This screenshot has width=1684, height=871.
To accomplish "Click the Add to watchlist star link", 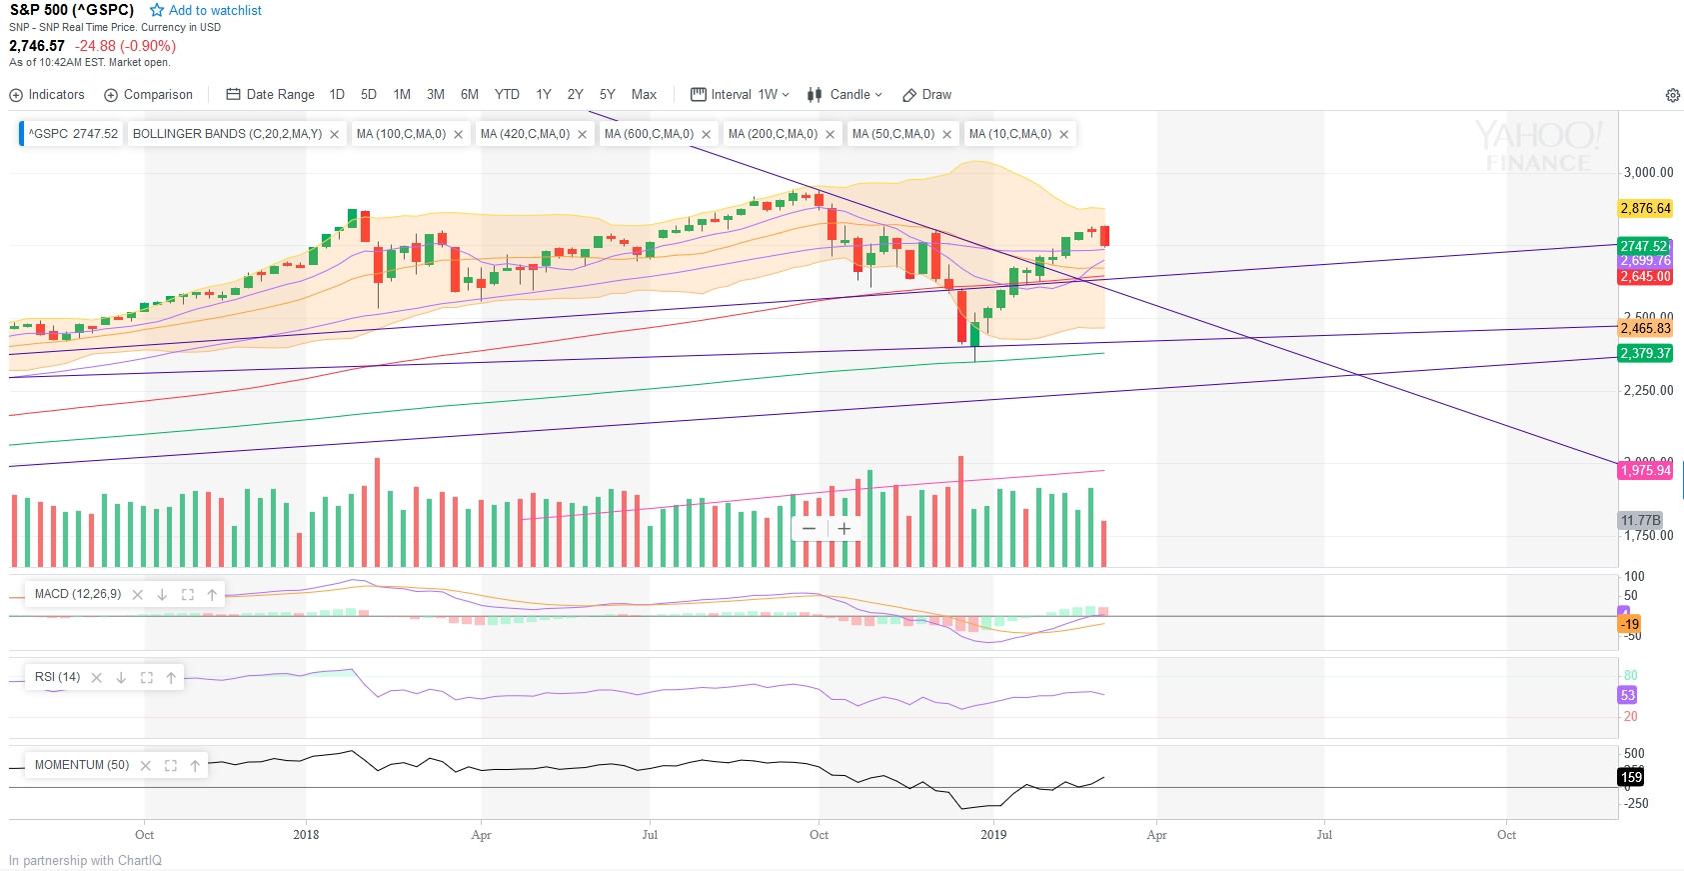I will click(x=206, y=10).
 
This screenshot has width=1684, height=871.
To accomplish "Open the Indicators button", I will click(x=47, y=95).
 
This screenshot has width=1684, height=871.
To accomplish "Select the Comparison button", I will click(x=149, y=95).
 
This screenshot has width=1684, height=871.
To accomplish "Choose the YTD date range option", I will click(x=507, y=95).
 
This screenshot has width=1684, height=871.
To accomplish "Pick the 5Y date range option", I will click(x=607, y=95).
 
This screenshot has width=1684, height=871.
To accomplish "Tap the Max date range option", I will click(x=644, y=95).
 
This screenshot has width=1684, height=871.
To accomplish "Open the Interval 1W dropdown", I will click(x=741, y=95).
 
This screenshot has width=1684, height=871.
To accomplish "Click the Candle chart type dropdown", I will click(x=845, y=95).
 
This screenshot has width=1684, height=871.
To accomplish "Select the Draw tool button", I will click(x=926, y=95).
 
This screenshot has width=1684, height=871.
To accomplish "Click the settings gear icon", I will click(x=1672, y=96).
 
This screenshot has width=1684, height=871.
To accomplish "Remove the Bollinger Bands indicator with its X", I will click(x=335, y=135).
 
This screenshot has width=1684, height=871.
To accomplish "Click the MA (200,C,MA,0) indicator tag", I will click(x=773, y=134).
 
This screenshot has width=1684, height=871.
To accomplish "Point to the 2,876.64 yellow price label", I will click(x=1645, y=209).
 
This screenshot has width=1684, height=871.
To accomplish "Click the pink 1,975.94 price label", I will click(x=1645, y=471).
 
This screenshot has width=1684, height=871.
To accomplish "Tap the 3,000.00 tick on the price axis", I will click(x=1648, y=173).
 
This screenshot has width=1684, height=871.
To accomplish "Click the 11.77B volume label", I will click(x=1640, y=520).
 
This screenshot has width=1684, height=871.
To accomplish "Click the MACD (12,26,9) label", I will click(x=78, y=594).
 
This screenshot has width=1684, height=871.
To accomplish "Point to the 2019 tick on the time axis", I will click(x=993, y=835).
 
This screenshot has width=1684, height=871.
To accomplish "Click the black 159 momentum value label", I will click(x=1631, y=777).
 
